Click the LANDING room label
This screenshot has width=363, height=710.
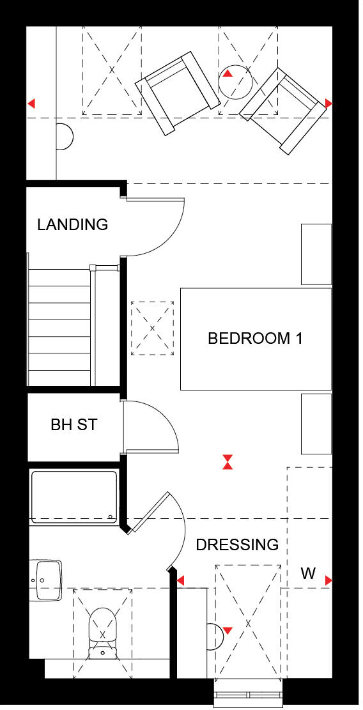(72, 224)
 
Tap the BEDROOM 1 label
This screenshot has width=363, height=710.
(255, 338)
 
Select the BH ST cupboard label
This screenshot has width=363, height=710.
(73, 424)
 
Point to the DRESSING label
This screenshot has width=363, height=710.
(237, 544)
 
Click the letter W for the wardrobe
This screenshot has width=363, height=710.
(308, 573)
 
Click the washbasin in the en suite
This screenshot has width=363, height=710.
(48, 580)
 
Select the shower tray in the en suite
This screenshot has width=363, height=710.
(74, 497)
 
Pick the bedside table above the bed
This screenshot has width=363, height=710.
(316, 254)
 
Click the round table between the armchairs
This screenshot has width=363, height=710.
(235, 81)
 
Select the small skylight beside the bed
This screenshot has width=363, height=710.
(152, 328)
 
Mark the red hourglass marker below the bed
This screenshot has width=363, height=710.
(227, 461)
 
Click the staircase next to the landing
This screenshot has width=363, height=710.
(59, 326)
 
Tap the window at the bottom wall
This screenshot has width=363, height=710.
(247, 694)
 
